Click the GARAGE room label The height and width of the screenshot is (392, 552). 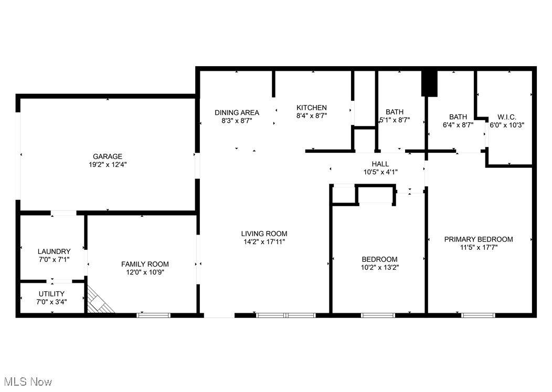(108, 156)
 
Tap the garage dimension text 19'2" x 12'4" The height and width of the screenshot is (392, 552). (108, 164)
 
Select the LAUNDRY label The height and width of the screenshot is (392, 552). (54, 251)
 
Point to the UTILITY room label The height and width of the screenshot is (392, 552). (51, 294)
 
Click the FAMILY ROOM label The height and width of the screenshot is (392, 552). (145, 264)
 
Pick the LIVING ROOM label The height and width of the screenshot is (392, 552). (264, 234)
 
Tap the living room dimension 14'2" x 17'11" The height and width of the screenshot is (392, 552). (264, 241)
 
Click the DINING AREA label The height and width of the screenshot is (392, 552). (237, 113)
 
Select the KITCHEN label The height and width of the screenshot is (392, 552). (312, 108)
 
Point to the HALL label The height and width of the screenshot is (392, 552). (380, 164)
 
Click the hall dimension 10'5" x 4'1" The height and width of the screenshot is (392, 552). (380, 172)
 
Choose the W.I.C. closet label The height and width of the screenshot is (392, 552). (507, 117)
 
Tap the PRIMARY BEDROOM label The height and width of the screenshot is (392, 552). (479, 239)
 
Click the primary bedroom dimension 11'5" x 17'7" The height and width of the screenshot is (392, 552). (479, 248)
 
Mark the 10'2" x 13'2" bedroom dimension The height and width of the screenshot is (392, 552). (379, 267)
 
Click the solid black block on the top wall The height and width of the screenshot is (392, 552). (429, 83)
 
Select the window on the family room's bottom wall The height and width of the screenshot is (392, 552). (154, 315)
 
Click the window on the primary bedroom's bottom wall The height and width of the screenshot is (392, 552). (478, 315)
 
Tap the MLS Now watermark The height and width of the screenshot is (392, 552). (28, 382)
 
